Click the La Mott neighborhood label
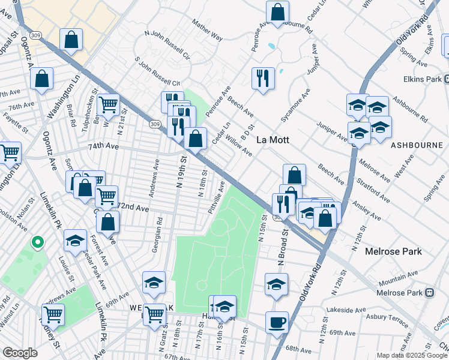click(x=273, y=140)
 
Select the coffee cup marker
click(x=277, y=322)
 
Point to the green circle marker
click(x=37, y=242)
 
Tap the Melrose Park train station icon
click(x=429, y=293)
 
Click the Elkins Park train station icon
click(x=447, y=79)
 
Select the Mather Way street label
click(x=207, y=31)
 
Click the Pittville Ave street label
click(x=216, y=198)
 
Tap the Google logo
click(x=20, y=353)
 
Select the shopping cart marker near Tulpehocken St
click(x=108, y=104)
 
